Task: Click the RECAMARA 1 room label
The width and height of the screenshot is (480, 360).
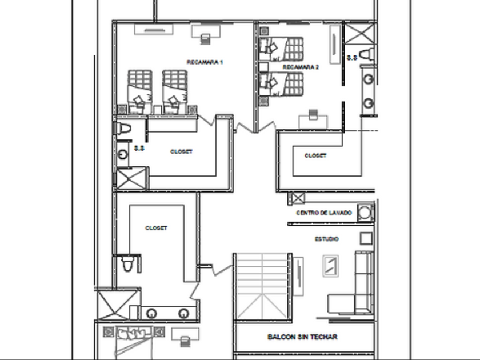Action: click(x=204, y=61)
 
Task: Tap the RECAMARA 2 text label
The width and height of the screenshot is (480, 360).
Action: click(x=301, y=67)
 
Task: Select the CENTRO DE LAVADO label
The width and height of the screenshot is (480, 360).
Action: click(x=324, y=213)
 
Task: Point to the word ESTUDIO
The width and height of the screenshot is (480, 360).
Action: click(x=326, y=239)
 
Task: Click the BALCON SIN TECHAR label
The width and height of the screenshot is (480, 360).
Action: click(x=302, y=337)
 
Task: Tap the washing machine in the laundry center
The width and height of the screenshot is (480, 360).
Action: click(x=365, y=213)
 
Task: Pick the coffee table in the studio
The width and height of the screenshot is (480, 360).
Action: click(x=330, y=265)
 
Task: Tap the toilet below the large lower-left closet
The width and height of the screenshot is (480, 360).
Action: click(x=129, y=263)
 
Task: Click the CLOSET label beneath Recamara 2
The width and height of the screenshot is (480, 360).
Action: click(x=315, y=155)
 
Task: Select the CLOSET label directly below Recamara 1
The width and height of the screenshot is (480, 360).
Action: click(x=181, y=152)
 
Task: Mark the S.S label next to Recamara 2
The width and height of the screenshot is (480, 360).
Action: click(x=352, y=57)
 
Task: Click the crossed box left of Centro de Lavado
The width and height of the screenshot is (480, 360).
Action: click(x=297, y=199)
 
